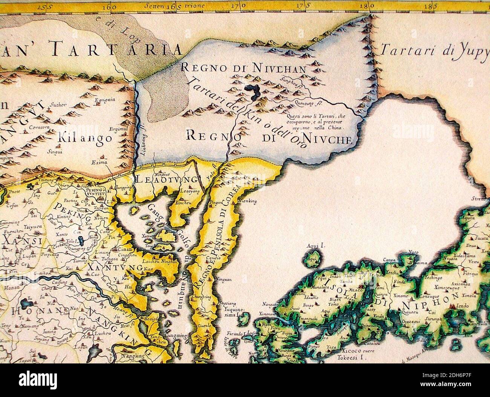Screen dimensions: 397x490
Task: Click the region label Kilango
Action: (86, 138)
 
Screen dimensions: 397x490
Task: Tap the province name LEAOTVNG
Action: (166, 179)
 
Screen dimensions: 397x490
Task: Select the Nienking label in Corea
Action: (248, 201)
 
